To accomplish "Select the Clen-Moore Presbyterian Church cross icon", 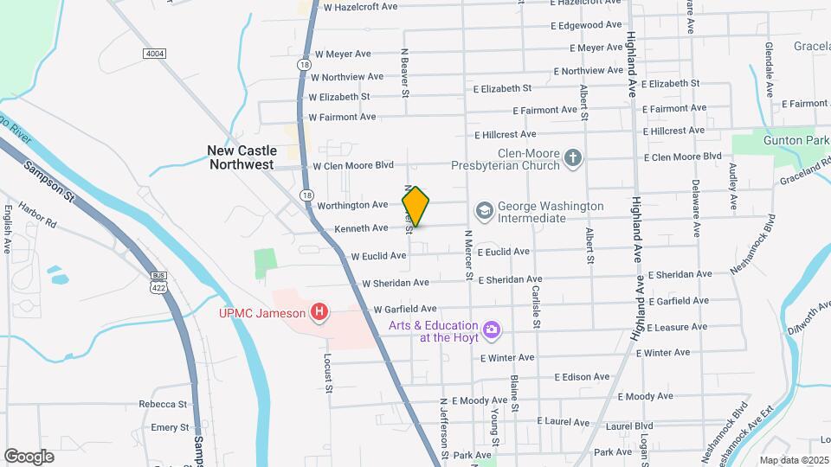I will pyautogui.click(x=572, y=158).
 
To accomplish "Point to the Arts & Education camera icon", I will pyautogui.click(x=492, y=329).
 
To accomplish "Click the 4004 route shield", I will pyautogui.click(x=154, y=54).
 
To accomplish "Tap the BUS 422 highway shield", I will pyautogui.click(x=158, y=282).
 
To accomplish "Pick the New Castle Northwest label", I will pyautogui.click(x=241, y=157).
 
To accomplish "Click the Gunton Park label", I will pyautogui.click(x=790, y=139).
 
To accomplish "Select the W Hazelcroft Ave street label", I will pyautogui.click(x=355, y=7).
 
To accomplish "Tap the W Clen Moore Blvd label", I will pyautogui.click(x=352, y=165).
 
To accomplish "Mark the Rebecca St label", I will pyautogui.click(x=163, y=404).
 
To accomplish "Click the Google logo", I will pyautogui.click(x=29, y=457).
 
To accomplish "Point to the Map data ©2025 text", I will pyautogui.click(x=794, y=460).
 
